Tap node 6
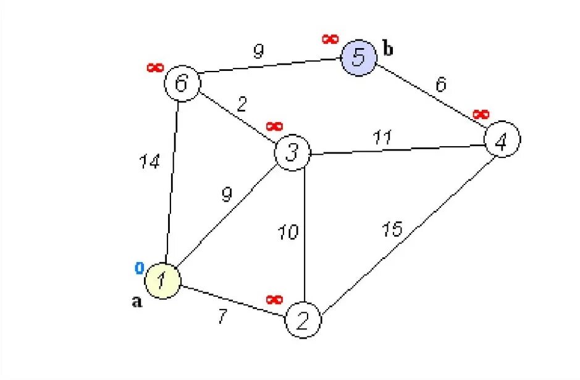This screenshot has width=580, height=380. (x=182, y=84)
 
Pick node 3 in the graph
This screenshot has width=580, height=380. (x=292, y=152)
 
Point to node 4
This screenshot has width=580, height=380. (x=502, y=141)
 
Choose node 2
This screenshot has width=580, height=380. (x=303, y=320)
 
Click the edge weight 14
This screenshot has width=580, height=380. (x=149, y=162)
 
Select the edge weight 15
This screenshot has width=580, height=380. (x=391, y=229)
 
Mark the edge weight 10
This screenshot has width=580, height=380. (x=288, y=232)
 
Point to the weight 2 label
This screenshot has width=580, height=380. (x=242, y=104)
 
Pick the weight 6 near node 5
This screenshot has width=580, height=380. (x=440, y=85)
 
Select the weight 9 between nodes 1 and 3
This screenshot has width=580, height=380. (x=227, y=195)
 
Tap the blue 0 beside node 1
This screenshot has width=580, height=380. (x=140, y=268)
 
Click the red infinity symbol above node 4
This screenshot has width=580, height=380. (x=481, y=115)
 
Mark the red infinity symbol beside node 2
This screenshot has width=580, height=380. (x=274, y=300)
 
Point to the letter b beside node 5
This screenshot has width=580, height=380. (x=388, y=49)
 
